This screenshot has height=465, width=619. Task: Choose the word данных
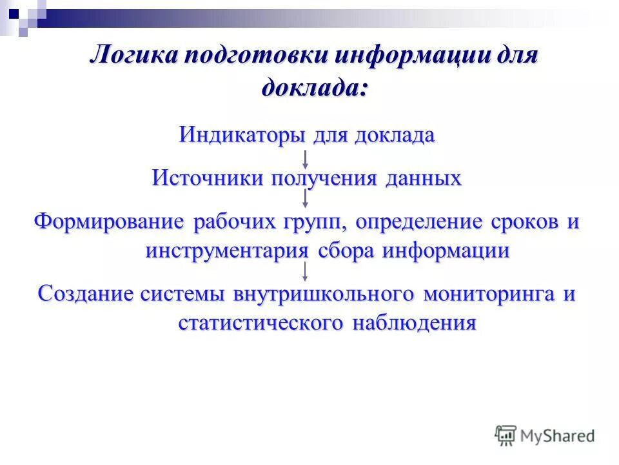(424, 178)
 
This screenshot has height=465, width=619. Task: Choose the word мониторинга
(489, 293)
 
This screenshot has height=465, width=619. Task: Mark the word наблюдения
(415, 322)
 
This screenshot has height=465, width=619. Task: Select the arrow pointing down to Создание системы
(306, 272)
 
